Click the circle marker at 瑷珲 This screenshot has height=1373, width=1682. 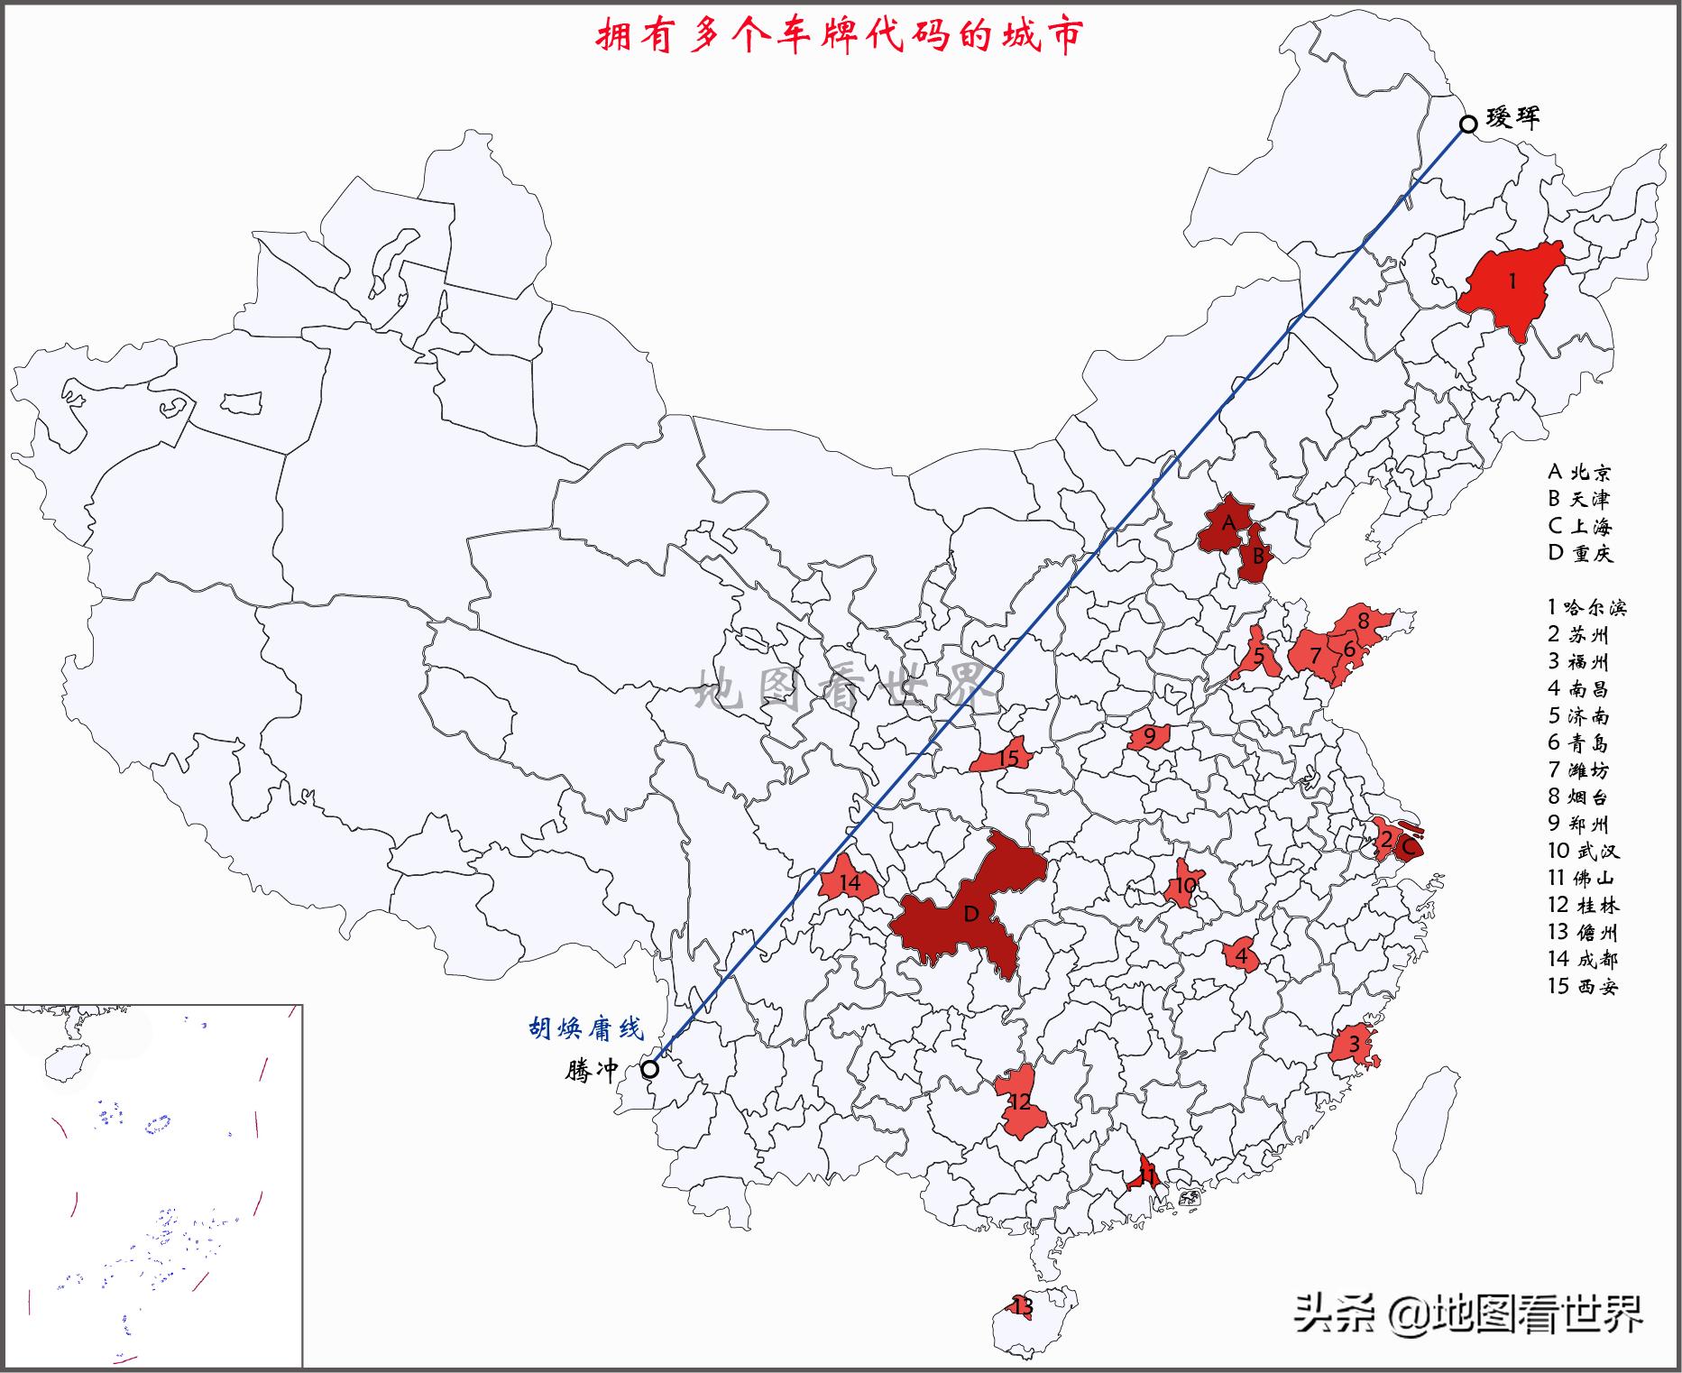click(1468, 124)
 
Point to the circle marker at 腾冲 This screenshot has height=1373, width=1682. click(649, 1069)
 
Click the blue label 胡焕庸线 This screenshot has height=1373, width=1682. click(586, 1028)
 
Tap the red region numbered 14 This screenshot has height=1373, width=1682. click(848, 883)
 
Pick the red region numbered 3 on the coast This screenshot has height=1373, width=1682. click(1353, 1046)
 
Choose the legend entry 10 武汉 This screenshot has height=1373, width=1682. click(1584, 851)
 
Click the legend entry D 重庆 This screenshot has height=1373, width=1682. click(1580, 553)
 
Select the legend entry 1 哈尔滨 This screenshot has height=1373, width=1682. click(1587, 607)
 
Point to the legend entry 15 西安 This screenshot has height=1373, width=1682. click(1584, 986)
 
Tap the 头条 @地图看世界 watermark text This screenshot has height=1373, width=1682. click(1468, 1314)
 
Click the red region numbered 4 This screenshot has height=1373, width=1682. click(1240, 954)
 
